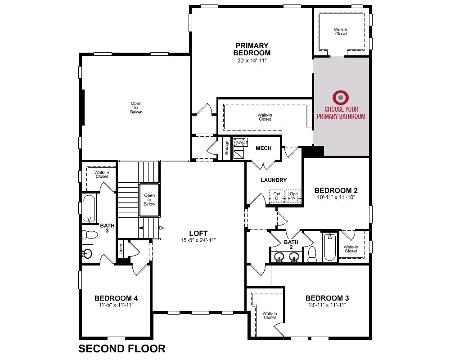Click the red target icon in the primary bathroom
(340, 98)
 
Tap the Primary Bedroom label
(252, 49)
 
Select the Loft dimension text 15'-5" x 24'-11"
(198, 240)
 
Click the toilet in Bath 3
(90, 234)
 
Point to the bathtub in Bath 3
(89, 209)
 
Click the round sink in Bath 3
(88, 253)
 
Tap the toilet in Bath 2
(312, 254)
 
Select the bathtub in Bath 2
(330, 247)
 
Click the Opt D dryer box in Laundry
(277, 196)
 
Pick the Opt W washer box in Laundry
(293, 196)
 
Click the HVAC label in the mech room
(240, 142)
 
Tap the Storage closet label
(227, 148)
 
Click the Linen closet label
(121, 249)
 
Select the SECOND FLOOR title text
(122, 348)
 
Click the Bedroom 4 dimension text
(116, 305)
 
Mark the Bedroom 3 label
(327, 298)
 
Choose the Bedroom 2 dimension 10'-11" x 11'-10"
(336, 197)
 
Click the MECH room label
(263, 148)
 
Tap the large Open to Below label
(136, 108)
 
